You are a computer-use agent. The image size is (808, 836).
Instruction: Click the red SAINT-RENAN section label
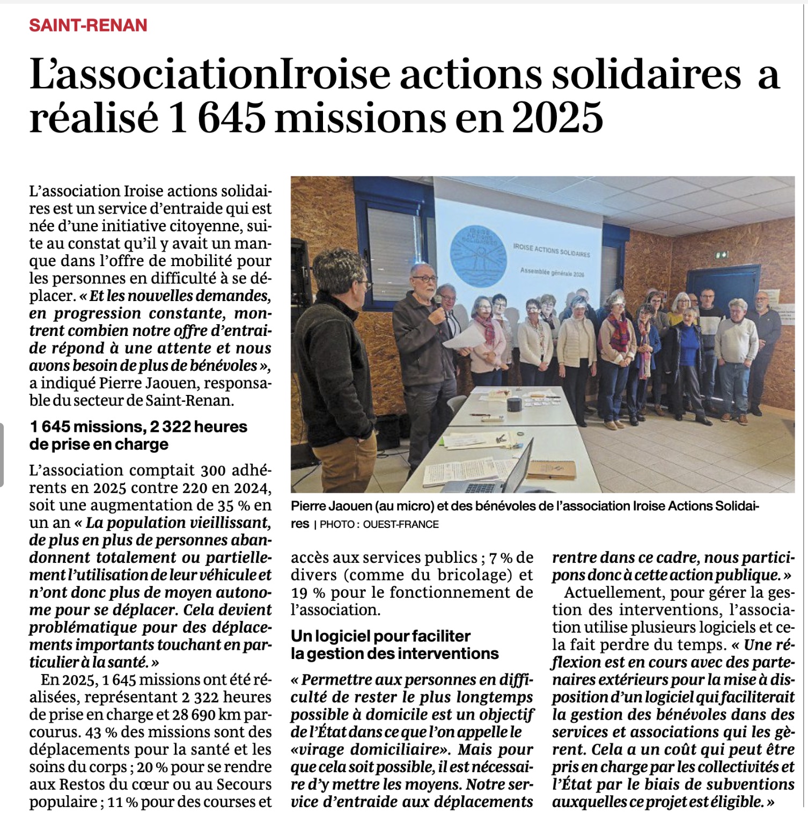pos(88,25)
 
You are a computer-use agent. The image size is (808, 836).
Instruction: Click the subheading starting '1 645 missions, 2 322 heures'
pos(138,427)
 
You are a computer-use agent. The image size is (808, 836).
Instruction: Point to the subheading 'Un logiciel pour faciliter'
pos(380,636)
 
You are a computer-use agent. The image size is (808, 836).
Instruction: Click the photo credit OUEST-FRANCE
pos(400,525)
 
